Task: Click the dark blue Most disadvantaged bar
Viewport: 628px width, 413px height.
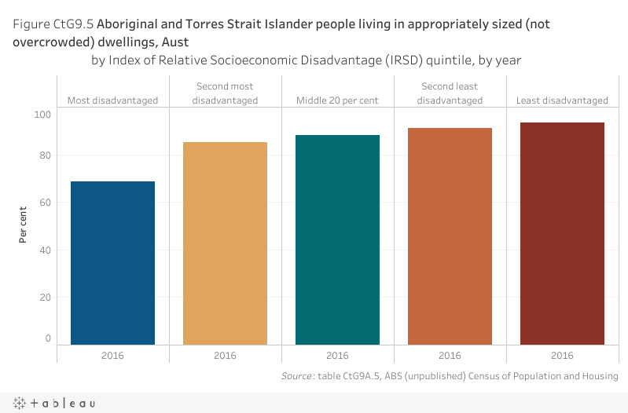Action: [x=112, y=263]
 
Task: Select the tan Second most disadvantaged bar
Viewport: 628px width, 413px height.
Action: [x=225, y=243]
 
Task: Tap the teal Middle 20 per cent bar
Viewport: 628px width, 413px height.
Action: [x=337, y=239]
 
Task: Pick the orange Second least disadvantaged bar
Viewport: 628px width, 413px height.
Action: [x=450, y=236]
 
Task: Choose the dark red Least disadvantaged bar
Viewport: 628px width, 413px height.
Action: [x=562, y=233]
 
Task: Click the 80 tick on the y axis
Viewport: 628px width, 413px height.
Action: [x=45, y=155]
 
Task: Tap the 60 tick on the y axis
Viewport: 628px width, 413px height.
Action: [x=45, y=203]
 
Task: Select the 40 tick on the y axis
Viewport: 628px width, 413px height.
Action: [x=45, y=250]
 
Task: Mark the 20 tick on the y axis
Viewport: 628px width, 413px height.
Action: [x=45, y=298]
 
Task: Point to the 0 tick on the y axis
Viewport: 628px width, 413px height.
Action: [x=48, y=338]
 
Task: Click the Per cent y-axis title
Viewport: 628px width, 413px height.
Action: [x=24, y=224]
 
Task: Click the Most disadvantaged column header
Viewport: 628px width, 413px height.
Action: [x=112, y=101]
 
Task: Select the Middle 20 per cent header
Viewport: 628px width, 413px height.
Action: [x=337, y=101]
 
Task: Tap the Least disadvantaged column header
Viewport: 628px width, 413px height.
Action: [x=562, y=101]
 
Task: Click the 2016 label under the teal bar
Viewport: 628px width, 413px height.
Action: [x=337, y=356]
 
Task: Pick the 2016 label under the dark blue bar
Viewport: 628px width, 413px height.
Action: [x=112, y=356]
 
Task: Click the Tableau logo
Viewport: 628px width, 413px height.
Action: [x=54, y=403]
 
